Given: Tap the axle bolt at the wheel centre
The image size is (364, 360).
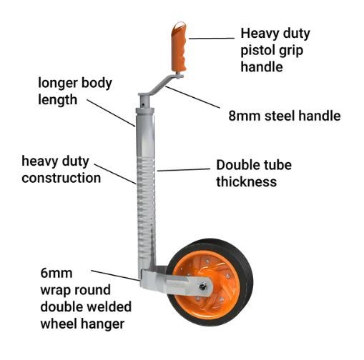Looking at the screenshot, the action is click(203, 286).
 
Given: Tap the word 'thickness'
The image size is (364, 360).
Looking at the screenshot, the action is click(247, 182).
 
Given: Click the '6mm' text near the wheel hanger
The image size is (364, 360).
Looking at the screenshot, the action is click(56, 273).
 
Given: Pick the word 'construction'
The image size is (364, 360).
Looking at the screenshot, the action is click(62, 178).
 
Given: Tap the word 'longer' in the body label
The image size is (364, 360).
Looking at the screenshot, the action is click(58, 84).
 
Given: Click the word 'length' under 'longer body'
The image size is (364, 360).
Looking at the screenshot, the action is click(58, 100).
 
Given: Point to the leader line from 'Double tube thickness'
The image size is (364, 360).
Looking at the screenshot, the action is click(184, 170).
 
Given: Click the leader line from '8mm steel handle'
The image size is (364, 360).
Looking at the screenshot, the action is click(193, 97).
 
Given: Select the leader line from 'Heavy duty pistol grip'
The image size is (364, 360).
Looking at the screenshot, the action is click(212, 38).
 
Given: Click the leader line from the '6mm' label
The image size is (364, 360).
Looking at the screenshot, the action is click(115, 276).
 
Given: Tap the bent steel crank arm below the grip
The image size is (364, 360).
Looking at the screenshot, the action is click(160, 86).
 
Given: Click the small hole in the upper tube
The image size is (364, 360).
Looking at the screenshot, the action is click(143, 104).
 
